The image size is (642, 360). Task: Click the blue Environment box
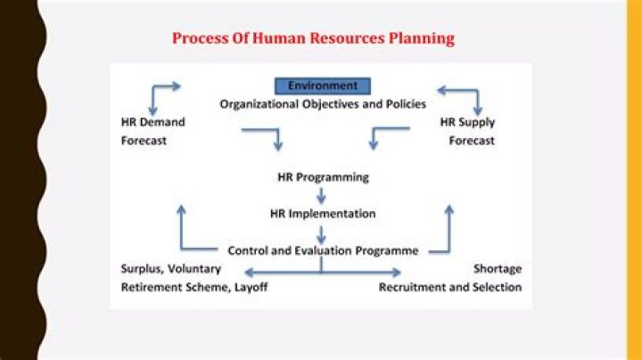(323, 86)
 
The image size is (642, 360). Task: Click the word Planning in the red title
(421, 39)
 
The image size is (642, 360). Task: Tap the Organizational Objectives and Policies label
(323, 104)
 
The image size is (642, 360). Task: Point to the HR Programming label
(323, 177)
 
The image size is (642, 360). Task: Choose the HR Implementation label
(323, 214)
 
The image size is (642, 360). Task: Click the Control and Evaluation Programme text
(323, 250)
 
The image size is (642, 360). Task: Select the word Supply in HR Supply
(477, 123)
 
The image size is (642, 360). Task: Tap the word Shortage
(498, 269)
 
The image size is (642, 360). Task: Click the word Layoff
(251, 287)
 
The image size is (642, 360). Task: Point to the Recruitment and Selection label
(450, 287)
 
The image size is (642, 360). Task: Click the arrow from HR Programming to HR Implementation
(321, 195)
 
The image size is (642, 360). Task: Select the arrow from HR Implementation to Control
(321, 235)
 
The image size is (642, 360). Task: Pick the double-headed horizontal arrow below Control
(323, 272)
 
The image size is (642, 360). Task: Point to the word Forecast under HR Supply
(472, 141)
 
